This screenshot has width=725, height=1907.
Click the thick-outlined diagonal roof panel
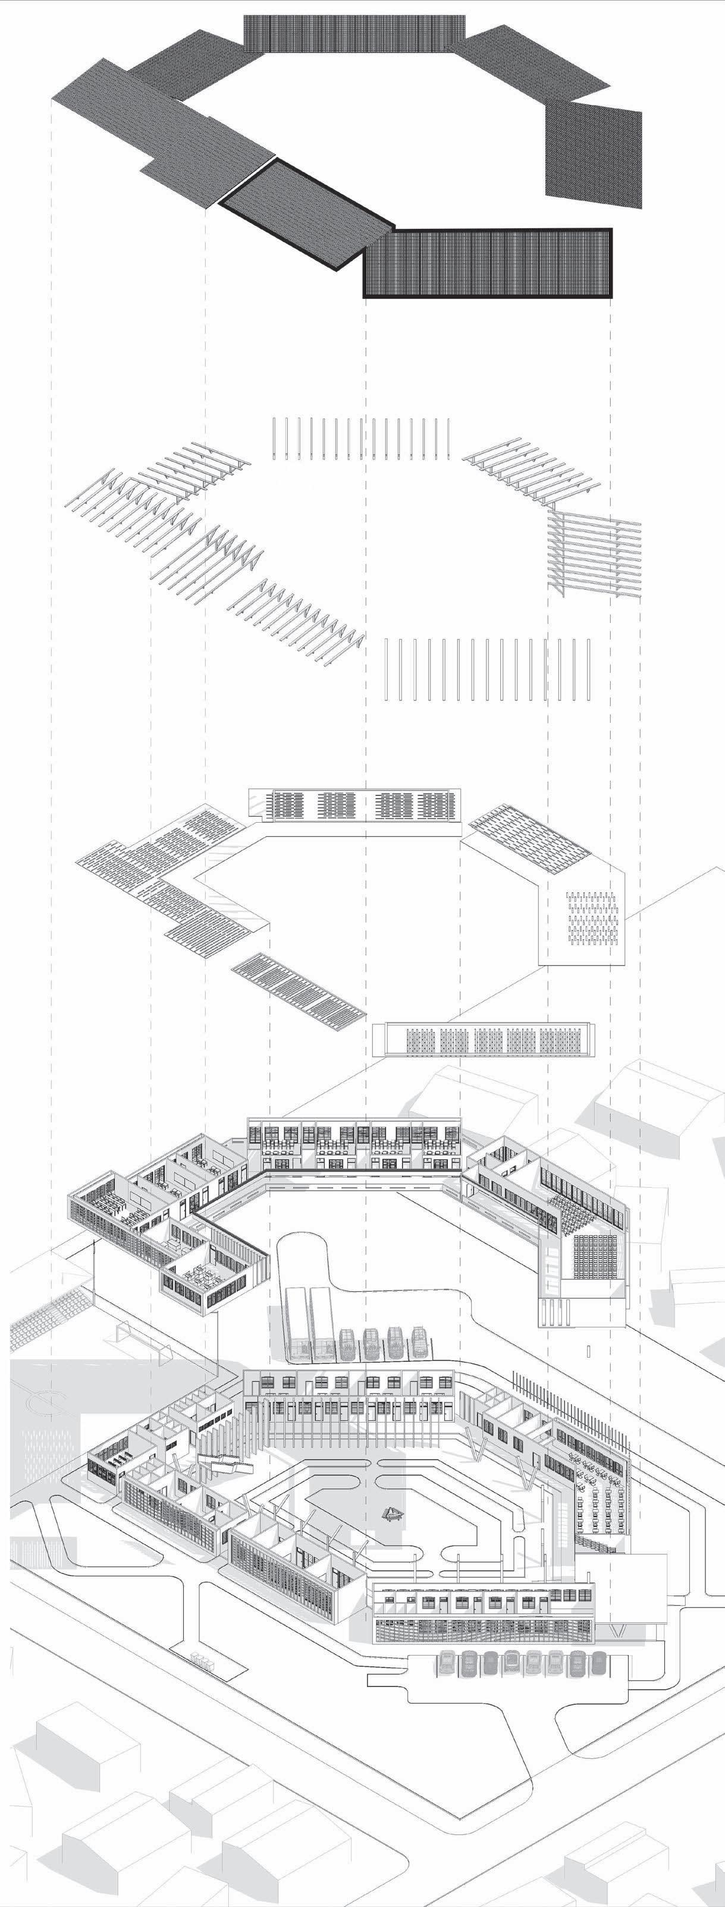(304, 215)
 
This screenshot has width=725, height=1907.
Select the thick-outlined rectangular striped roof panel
(487, 263)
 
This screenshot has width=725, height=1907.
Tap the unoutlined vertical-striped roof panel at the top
(354, 33)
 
